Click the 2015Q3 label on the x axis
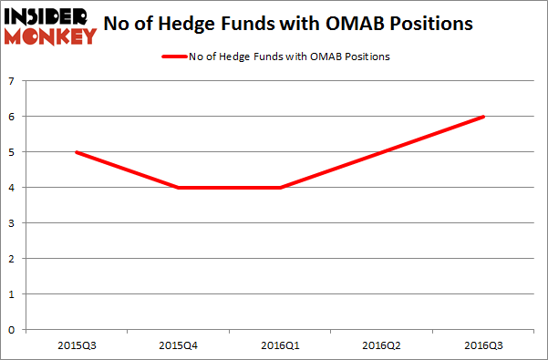(75, 345)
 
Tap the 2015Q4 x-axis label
(177, 345)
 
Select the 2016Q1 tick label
(279, 345)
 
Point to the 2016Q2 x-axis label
(381, 345)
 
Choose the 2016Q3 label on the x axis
(483, 345)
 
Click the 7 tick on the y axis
(12, 81)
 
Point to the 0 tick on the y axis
(12, 330)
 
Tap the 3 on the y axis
(12, 223)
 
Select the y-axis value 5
(12, 152)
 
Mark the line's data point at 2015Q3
(75, 152)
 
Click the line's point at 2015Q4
(177, 188)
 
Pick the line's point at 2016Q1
(279, 188)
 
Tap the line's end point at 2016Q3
(483, 117)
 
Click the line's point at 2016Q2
(381, 152)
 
